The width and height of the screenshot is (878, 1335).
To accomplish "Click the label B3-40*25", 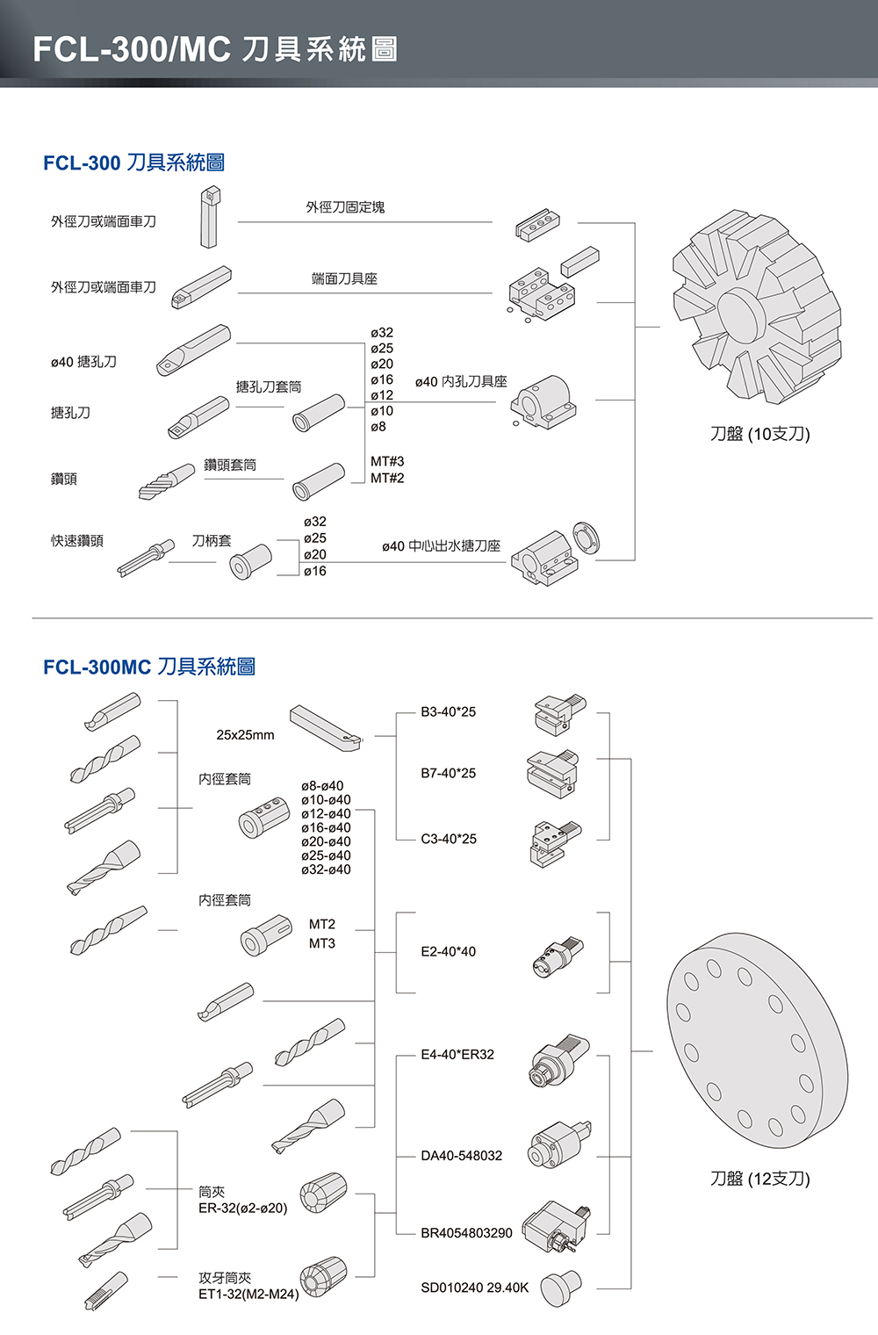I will (x=448, y=711).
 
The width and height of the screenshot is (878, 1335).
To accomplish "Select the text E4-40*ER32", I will (x=457, y=1054).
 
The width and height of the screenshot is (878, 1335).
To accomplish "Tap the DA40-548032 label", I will (x=461, y=1155).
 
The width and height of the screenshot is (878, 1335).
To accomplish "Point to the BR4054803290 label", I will (x=466, y=1232).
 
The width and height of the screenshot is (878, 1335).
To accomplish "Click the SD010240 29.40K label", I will (x=474, y=1288).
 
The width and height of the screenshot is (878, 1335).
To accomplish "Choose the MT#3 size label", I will (x=387, y=461).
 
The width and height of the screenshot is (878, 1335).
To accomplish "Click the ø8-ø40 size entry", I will (x=322, y=786).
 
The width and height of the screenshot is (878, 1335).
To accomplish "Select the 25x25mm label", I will (x=245, y=734).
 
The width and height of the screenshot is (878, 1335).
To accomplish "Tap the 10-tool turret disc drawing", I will (x=757, y=312).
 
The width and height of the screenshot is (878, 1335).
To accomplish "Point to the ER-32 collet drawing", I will (x=323, y=1194).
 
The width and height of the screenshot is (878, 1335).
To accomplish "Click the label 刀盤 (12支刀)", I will (x=759, y=1178).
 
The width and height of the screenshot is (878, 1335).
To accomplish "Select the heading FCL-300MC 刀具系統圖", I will (x=149, y=667).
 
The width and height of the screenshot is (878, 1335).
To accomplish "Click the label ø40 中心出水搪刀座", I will (x=441, y=546).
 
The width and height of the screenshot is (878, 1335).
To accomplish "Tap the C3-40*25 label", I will (x=448, y=839).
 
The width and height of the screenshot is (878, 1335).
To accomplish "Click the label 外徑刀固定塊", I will (x=345, y=207).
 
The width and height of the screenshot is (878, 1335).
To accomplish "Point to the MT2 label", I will (x=321, y=924).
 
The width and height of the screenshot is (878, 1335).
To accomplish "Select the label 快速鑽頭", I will (x=77, y=541).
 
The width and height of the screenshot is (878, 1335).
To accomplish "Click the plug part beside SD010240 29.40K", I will (x=560, y=1287).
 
